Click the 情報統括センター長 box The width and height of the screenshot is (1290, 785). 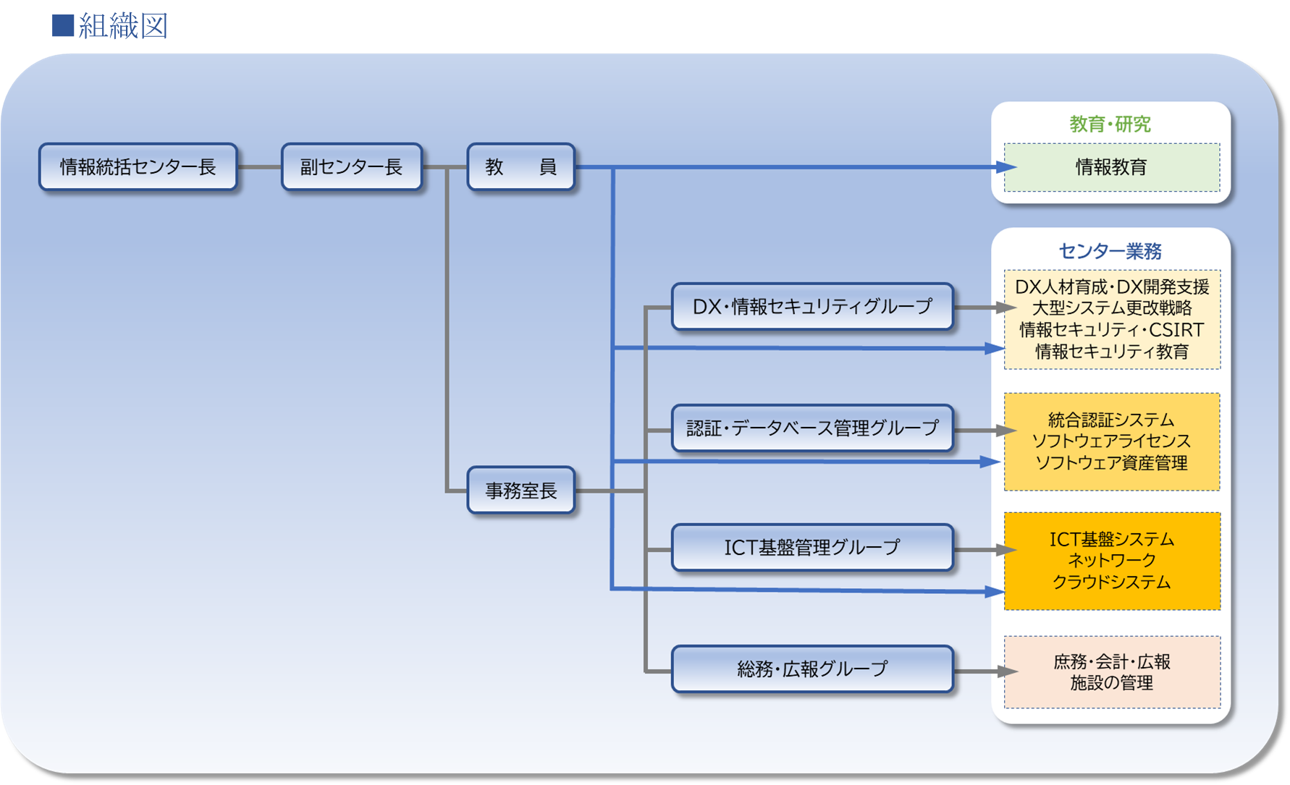click(x=138, y=167)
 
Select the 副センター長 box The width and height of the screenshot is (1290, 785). click(x=351, y=167)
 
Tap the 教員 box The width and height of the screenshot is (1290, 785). click(x=520, y=167)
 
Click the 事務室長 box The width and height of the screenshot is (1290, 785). click(x=520, y=491)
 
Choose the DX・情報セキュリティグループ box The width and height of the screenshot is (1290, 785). click(x=812, y=307)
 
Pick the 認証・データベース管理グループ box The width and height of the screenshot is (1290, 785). click(x=812, y=428)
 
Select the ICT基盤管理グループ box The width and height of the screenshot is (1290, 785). click(x=812, y=548)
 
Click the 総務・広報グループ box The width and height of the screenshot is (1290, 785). click(x=812, y=669)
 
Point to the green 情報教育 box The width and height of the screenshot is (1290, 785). click(x=1111, y=167)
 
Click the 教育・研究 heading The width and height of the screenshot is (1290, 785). click(x=1110, y=124)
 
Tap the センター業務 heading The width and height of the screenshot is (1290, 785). click(x=1110, y=251)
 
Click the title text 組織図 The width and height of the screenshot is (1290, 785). click(x=123, y=26)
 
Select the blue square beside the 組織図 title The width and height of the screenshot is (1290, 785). click(x=63, y=25)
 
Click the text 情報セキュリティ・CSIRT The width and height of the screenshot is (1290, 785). click(x=1111, y=330)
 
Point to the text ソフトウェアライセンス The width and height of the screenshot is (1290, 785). click(x=1111, y=441)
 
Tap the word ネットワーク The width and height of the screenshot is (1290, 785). click(x=1111, y=560)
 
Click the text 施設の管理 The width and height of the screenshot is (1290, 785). click(x=1111, y=683)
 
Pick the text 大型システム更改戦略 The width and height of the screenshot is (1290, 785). click(x=1111, y=308)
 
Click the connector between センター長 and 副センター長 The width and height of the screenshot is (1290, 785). click(x=259, y=167)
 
